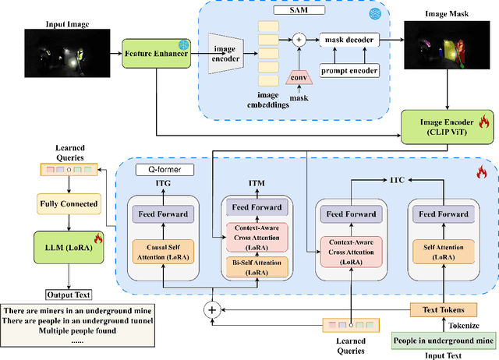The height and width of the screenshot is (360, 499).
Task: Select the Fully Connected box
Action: tap(69, 204)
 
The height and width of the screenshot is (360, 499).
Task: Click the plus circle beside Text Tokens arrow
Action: tap(211, 309)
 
